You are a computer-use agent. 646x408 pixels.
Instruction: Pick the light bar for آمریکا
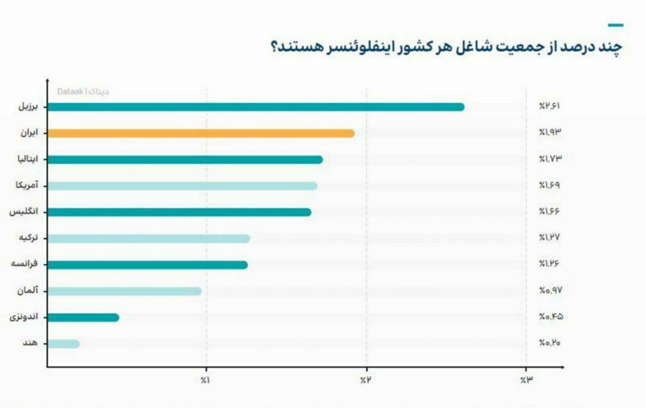click(x=182, y=186)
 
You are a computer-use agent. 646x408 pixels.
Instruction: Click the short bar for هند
click(x=64, y=344)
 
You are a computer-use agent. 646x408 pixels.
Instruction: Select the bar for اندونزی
click(x=83, y=317)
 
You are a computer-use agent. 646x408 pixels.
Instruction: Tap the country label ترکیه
click(x=28, y=238)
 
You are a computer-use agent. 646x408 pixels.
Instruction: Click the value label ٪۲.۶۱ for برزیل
click(x=550, y=106)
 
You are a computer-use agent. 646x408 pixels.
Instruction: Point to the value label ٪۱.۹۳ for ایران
click(x=550, y=133)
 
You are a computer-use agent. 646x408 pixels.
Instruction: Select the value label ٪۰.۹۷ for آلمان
click(x=550, y=290)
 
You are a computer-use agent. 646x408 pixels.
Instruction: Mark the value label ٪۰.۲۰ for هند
click(x=550, y=343)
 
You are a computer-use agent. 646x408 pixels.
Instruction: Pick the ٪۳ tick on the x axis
click(x=526, y=380)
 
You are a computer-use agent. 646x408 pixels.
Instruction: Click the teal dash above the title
click(x=615, y=25)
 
